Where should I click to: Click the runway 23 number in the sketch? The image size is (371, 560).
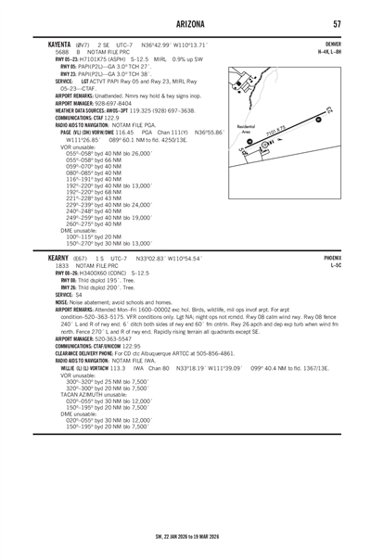331,113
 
